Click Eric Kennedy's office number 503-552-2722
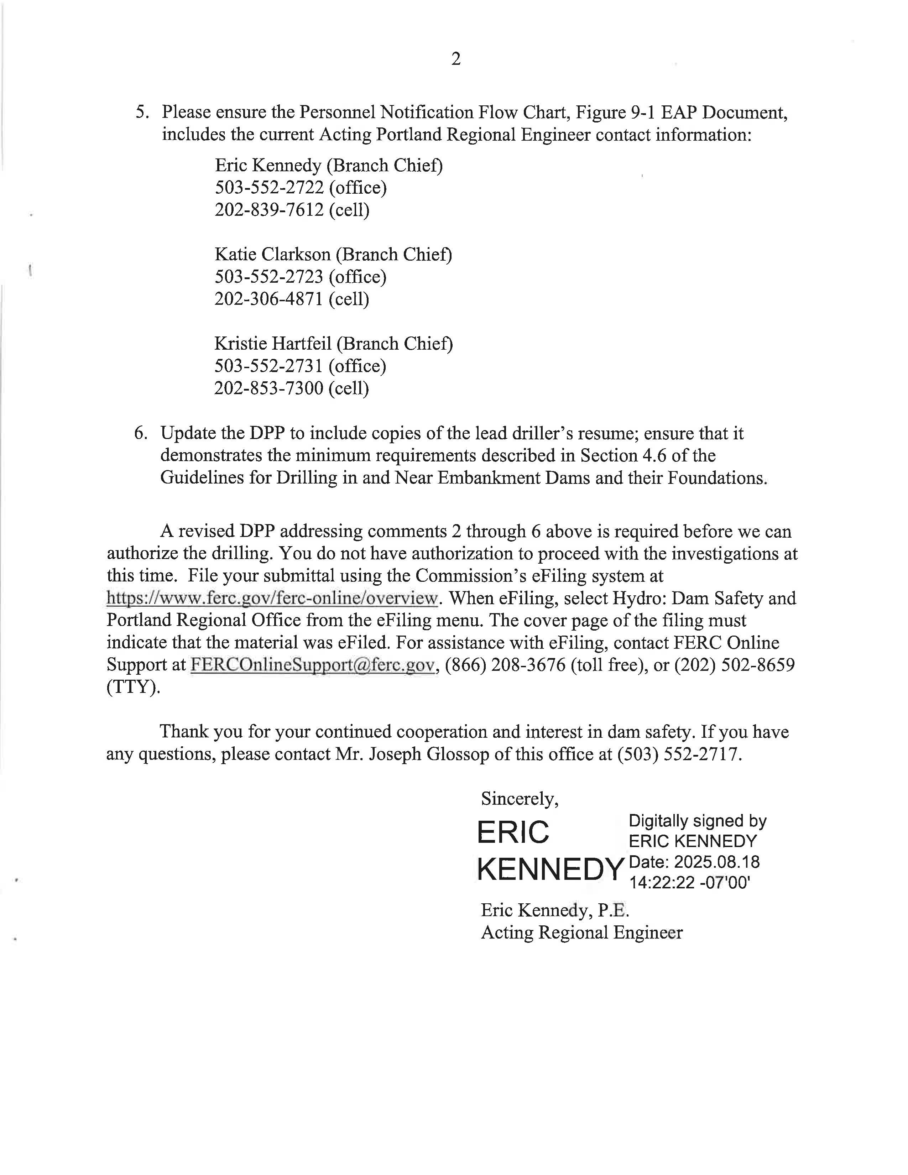(269, 188)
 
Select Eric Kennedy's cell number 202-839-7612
(269, 210)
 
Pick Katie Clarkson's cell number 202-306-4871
(269, 299)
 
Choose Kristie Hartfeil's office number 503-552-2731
(268, 366)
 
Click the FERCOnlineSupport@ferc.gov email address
(312, 665)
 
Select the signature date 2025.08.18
(716, 862)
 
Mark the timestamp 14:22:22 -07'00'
(690, 883)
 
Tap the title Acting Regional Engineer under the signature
(581, 933)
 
